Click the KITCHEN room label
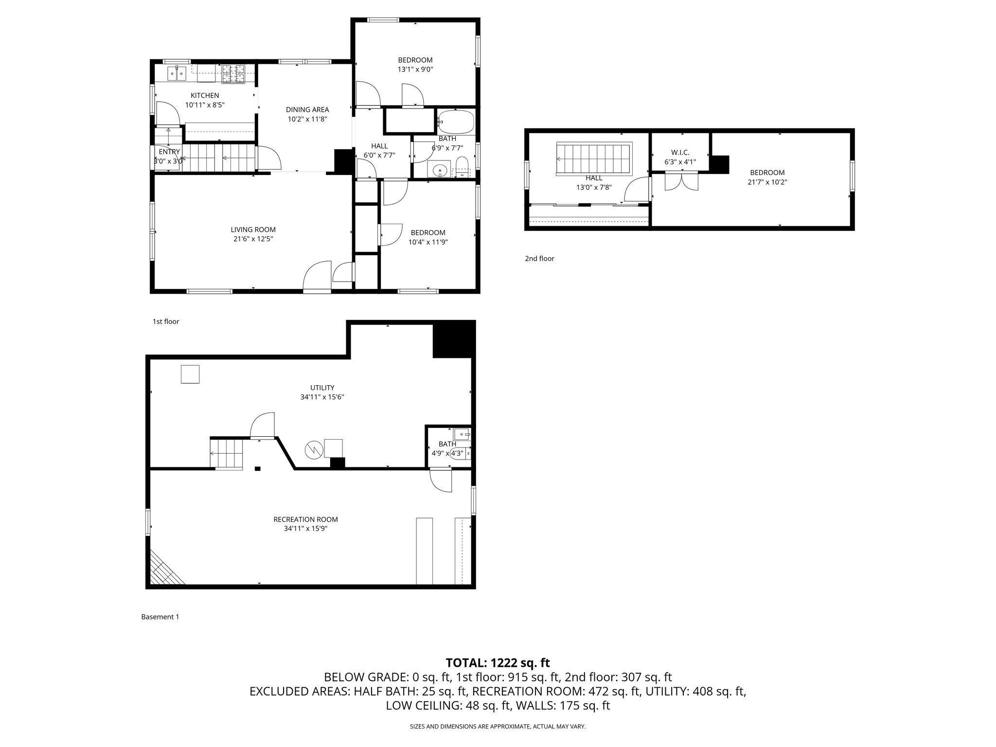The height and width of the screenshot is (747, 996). tap(204, 95)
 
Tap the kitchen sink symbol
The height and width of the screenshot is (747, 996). tap(177, 74)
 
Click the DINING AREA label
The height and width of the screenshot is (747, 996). tap(307, 109)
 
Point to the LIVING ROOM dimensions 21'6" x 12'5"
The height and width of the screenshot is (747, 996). tap(253, 239)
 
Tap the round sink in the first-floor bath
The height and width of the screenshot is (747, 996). tap(440, 170)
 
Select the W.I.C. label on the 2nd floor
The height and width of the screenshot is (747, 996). tap(680, 153)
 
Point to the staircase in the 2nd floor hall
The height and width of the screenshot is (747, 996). tap(593, 159)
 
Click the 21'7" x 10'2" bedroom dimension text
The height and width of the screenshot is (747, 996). tap(767, 182)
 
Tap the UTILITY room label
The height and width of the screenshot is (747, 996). tap(322, 388)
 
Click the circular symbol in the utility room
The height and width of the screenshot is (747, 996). tap(314, 450)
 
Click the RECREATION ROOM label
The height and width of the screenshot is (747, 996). tap(305, 519)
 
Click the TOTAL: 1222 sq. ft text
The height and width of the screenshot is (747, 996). tap(498, 662)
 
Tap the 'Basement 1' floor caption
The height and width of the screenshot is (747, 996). tap(160, 617)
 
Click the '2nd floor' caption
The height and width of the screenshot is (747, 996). tap(539, 259)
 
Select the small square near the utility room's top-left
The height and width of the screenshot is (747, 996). tap(190, 374)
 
